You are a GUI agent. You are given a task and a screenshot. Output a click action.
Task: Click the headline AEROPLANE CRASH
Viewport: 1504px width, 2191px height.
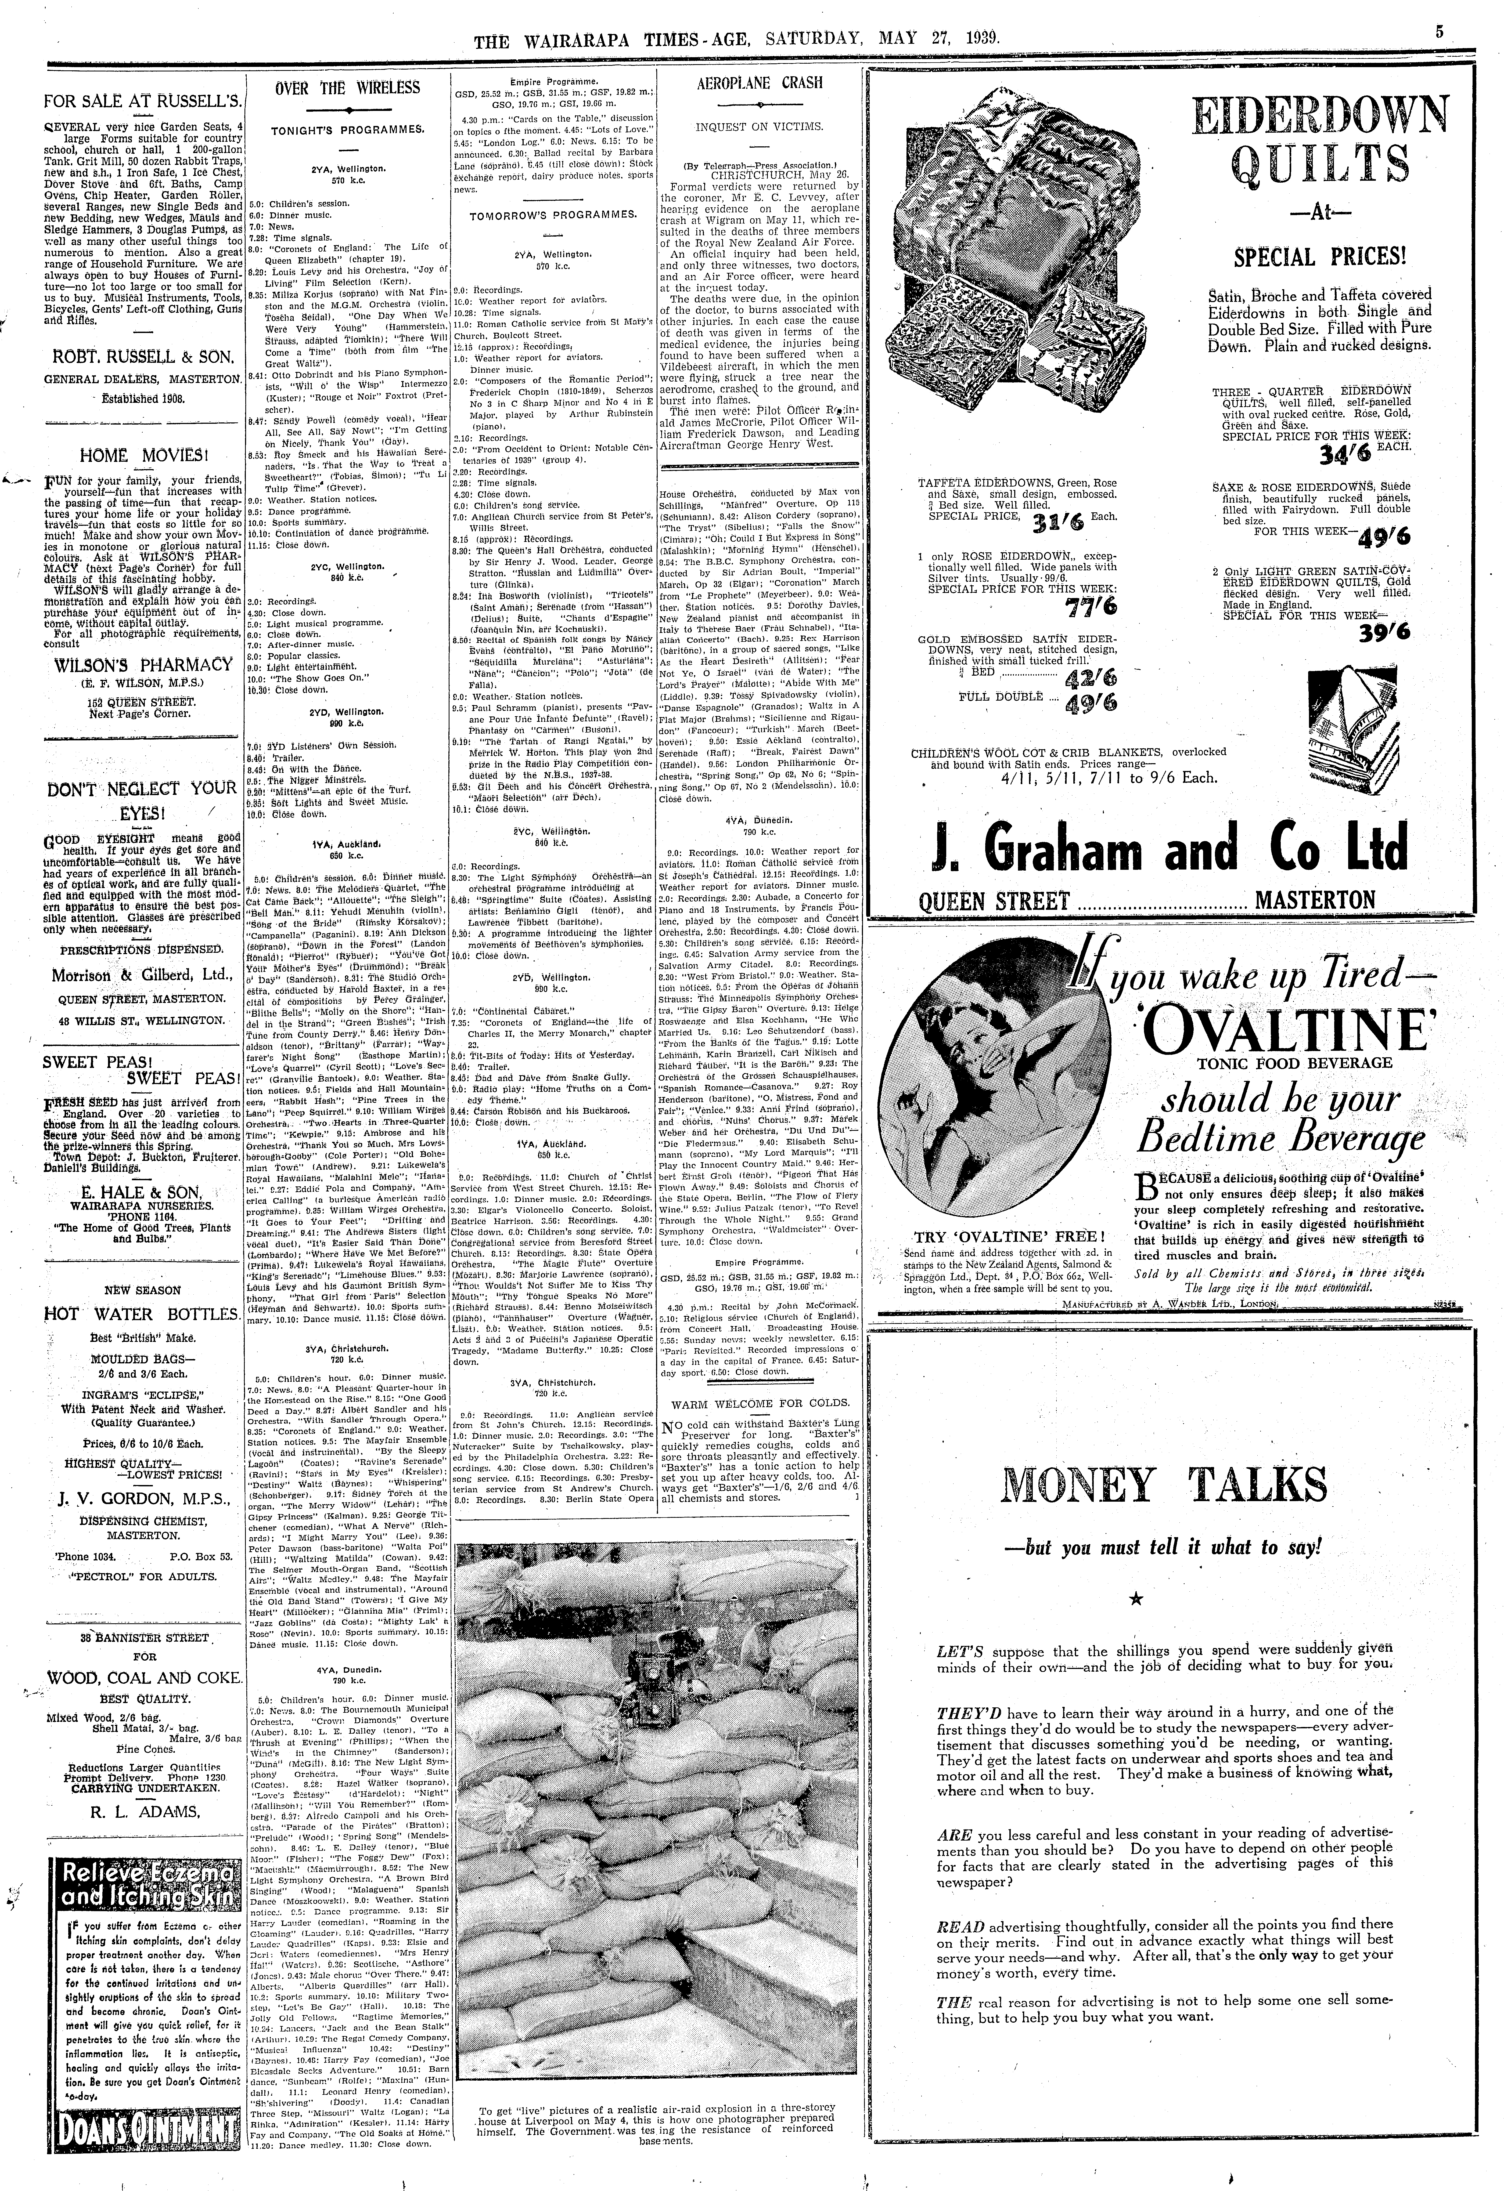click(x=759, y=83)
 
